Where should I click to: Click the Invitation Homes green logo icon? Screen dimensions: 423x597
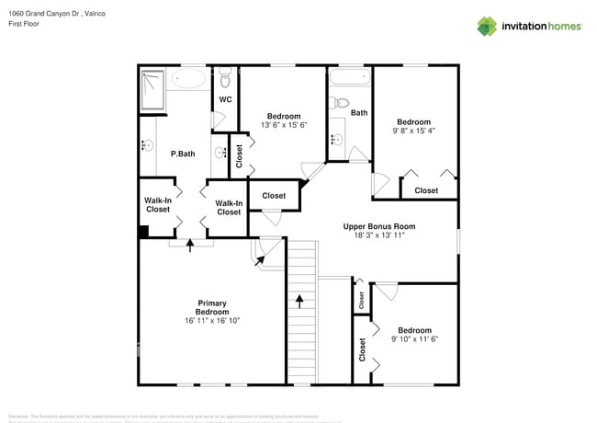486,26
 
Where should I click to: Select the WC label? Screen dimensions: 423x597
225,99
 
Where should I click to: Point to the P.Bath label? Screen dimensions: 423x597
182,154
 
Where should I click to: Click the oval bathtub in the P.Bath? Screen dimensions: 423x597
190,79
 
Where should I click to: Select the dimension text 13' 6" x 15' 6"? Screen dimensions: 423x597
283,125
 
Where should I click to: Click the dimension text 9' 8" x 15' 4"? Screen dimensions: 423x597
413,131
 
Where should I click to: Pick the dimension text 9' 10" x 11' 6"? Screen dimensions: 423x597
414,339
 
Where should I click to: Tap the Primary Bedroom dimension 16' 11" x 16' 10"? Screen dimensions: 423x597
211,321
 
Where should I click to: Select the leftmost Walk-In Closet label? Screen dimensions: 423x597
157,205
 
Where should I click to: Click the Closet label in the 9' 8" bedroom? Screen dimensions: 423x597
426,190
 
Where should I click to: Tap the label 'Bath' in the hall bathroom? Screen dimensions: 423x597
358,113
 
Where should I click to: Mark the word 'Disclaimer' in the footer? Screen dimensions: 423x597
20,416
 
